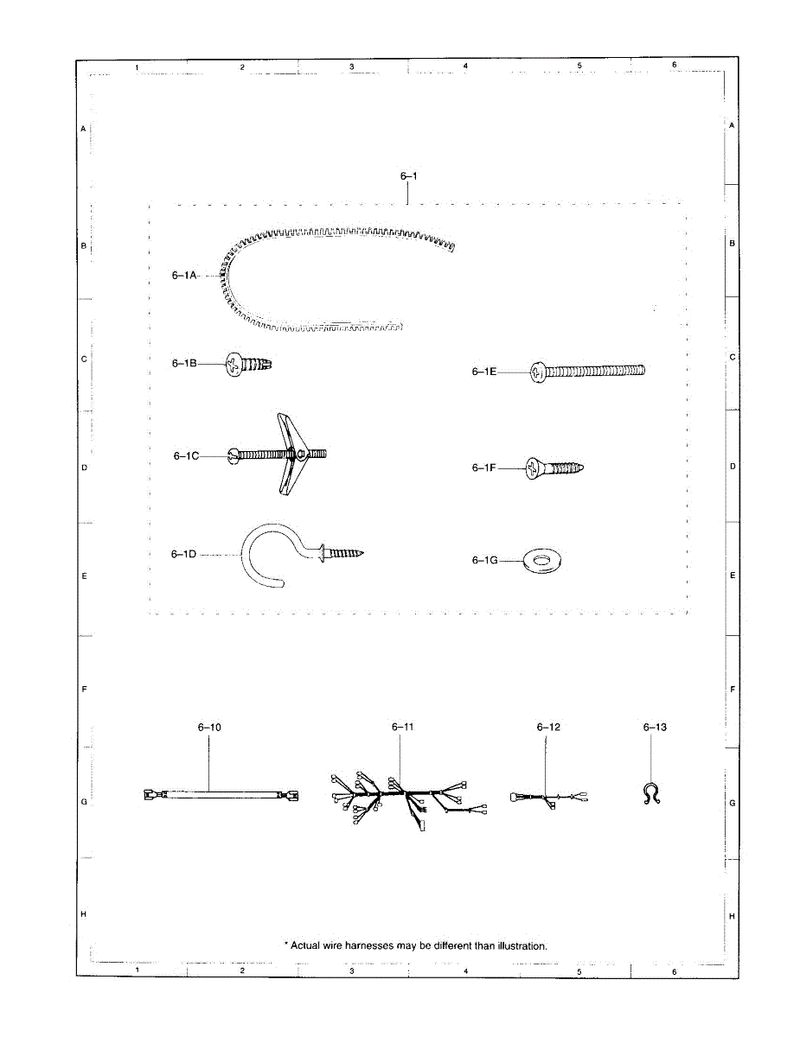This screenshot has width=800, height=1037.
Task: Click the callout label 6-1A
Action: tap(184, 276)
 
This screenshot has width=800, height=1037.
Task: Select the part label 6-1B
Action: tap(184, 363)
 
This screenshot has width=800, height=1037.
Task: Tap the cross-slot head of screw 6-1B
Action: tap(234, 365)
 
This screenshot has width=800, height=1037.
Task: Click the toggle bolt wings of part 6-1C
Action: tap(290, 454)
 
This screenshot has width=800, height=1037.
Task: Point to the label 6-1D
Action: tap(184, 554)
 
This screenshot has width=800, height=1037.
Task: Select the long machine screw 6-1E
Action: tap(587, 371)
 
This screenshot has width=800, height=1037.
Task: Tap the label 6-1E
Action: tap(484, 372)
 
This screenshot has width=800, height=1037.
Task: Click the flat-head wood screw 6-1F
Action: tap(554, 468)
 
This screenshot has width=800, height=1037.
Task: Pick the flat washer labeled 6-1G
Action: tap(542, 561)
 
